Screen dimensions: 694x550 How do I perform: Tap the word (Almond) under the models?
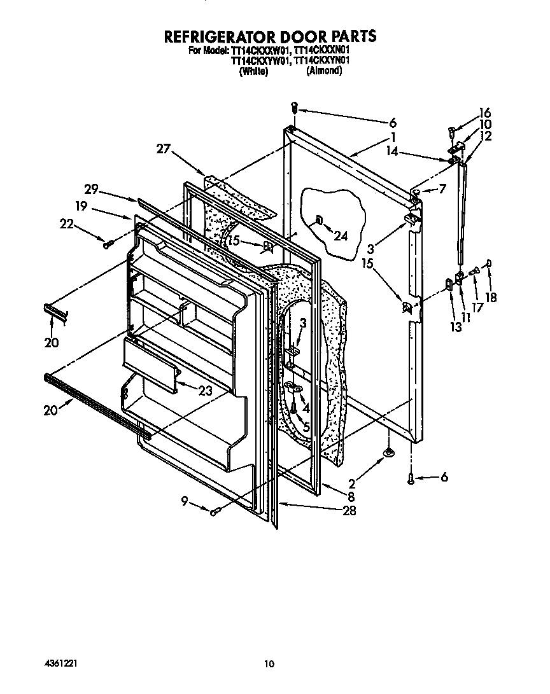point(324,71)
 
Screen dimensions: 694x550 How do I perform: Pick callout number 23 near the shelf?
point(205,392)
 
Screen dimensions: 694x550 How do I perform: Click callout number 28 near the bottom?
point(349,510)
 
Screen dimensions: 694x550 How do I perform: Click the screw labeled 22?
point(108,242)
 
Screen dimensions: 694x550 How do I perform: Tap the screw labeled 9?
point(215,510)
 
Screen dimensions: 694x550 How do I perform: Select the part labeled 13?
point(448,284)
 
